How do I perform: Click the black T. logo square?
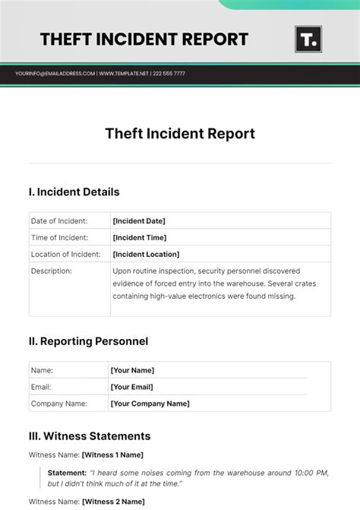coord(308,39)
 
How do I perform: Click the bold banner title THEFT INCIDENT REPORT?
coord(144,39)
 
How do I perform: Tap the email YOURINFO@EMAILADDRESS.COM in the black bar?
coord(55,74)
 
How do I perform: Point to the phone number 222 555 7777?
coord(169,74)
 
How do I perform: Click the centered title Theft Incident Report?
coord(180,134)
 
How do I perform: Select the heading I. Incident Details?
coord(74,192)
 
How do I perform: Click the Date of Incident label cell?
coord(58,221)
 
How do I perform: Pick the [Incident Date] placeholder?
coord(139,221)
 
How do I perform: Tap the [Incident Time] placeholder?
coord(139,238)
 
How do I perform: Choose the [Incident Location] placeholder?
coord(146,255)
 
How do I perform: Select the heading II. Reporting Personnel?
coord(88,341)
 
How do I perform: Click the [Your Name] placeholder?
coord(132,370)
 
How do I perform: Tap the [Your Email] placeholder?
coord(132,387)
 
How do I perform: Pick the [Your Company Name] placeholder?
coord(150,404)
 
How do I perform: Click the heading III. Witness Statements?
coord(90,436)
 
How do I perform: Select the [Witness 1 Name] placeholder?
coord(112,455)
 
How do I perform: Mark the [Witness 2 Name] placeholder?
coord(112,502)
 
